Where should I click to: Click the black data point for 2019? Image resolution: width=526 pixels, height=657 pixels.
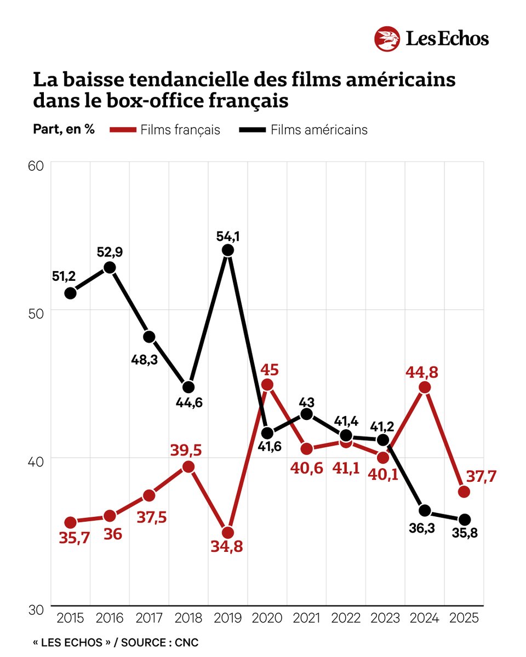[228, 250]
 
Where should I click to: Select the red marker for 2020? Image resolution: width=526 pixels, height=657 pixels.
[267, 385]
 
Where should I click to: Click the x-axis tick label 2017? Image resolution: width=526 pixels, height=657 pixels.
[149, 618]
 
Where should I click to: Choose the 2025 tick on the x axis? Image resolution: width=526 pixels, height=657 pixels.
[464, 618]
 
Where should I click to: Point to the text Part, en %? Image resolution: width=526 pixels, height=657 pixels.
[64, 130]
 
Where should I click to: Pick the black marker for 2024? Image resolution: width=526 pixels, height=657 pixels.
[425, 511]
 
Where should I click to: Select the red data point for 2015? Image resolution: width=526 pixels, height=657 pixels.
[70, 522]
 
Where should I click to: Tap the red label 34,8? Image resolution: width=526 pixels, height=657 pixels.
[228, 546]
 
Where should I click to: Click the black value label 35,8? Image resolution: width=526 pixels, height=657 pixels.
[464, 533]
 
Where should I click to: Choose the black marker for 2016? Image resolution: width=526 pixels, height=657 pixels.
[110, 267]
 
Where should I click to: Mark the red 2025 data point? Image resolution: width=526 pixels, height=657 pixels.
[464, 492]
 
